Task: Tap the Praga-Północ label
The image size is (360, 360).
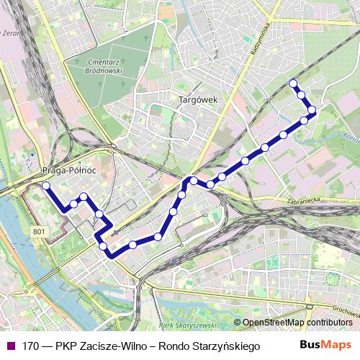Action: (70, 170)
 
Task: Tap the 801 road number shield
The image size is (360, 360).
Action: (39, 231)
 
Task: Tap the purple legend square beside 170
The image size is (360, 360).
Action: (11, 346)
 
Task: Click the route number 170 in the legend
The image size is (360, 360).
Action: (30, 346)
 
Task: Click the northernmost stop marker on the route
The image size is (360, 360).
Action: (293, 84)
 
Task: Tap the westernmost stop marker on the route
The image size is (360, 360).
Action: (46, 186)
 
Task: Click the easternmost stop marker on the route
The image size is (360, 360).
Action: (312, 110)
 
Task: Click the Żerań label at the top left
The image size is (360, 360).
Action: (10, 32)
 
